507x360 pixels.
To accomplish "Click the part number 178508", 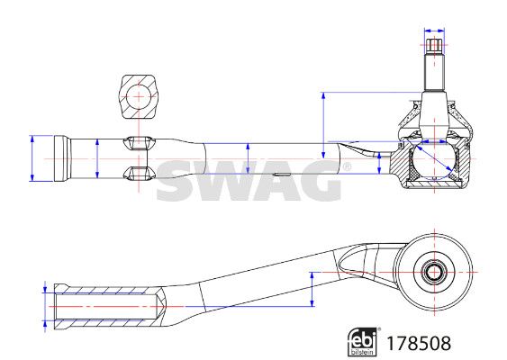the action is pyautogui.click(x=419, y=343).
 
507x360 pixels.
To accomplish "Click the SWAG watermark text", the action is pyautogui.click(x=249, y=181).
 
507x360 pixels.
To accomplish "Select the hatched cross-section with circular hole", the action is pyautogui.click(x=139, y=96).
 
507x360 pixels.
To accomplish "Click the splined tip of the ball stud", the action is pyautogui.click(x=434, y=46).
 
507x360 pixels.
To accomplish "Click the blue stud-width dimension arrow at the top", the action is pyautogui.click(x=434, y=31).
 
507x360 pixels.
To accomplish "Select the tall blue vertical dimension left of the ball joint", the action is pyautogui.click(x=323, y=125).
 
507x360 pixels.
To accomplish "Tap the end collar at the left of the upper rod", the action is pyautogui.click(x=61, y=158).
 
